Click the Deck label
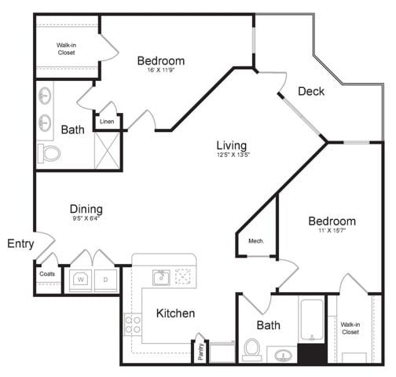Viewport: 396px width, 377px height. coord(311,91)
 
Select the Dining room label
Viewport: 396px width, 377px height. coord(86,209)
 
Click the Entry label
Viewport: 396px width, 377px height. coord(20,244)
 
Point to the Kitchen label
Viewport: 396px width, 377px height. coord(175,313)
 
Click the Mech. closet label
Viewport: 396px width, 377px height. coord(256,241)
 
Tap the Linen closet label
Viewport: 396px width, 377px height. coord(107,122)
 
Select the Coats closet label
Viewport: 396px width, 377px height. coord(46,273)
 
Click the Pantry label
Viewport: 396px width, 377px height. coord(202,350)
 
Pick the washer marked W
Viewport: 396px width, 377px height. coord(80,279)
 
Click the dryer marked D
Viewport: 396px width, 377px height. coord(105,279)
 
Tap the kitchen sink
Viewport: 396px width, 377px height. coord(160,277)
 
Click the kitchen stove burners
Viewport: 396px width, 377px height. coord(132,324)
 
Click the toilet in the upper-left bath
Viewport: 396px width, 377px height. coord(51,153)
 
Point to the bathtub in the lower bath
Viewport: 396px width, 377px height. coord(312,321)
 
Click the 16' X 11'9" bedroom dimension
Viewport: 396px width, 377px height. coord(161,71)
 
